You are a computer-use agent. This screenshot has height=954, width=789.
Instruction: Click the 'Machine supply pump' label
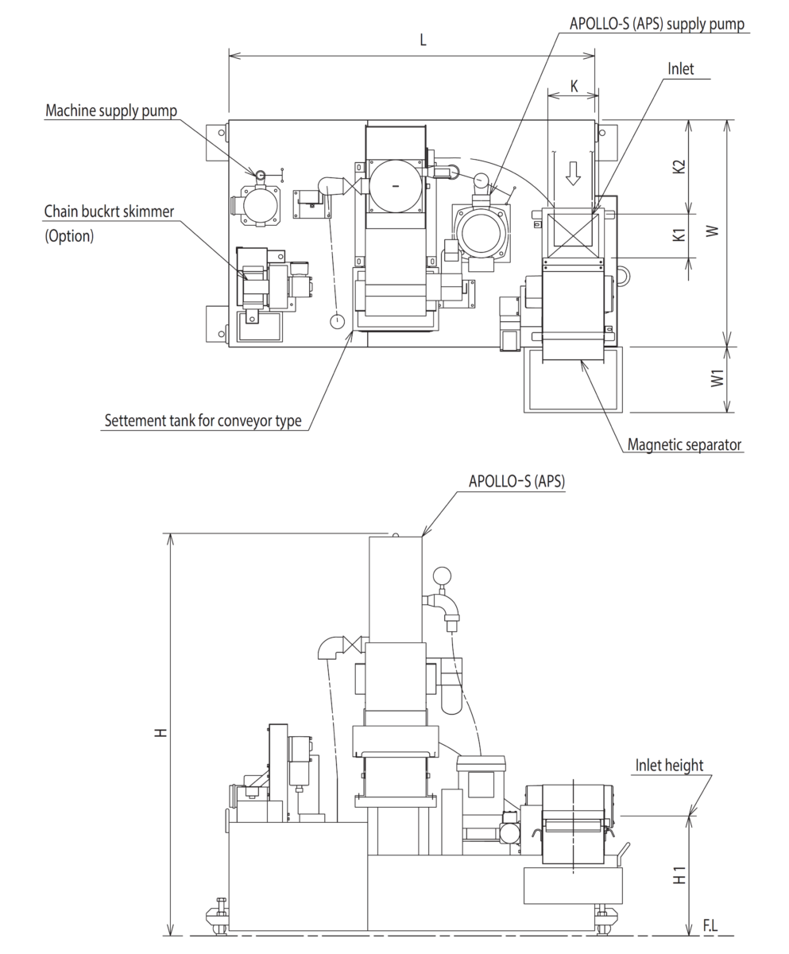pos(111,111)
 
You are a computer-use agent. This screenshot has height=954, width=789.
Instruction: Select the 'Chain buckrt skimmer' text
pos(109,211)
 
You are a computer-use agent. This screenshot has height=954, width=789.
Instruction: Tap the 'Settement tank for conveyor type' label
pos(203,421)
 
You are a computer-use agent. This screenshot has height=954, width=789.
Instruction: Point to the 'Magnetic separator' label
pos(685,444)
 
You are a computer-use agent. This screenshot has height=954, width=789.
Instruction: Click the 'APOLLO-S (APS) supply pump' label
pos(657,23)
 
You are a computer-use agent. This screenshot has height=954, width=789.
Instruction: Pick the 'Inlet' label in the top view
pos(680,69)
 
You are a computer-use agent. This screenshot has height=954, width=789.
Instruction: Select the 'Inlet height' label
pos(669,765)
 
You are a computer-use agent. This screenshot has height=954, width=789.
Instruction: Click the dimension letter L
pos(423,41)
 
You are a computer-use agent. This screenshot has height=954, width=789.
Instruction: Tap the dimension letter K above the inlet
pos(574,86)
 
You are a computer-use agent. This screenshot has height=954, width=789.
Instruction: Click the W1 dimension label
pos(717,378)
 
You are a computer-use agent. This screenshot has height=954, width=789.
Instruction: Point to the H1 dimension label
pos(679,875)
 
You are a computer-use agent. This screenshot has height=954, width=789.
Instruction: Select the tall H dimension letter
pos(162,731)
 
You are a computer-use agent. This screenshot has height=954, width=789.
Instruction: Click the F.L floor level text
pos(711,925)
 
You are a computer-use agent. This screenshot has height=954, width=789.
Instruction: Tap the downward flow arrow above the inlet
pos(573,173)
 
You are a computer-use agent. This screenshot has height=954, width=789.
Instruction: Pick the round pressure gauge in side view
pos(440,575)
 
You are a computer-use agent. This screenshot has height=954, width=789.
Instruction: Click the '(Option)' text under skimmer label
pos(69,236)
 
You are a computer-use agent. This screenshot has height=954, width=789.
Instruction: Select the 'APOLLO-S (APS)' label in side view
pos(517,481)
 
